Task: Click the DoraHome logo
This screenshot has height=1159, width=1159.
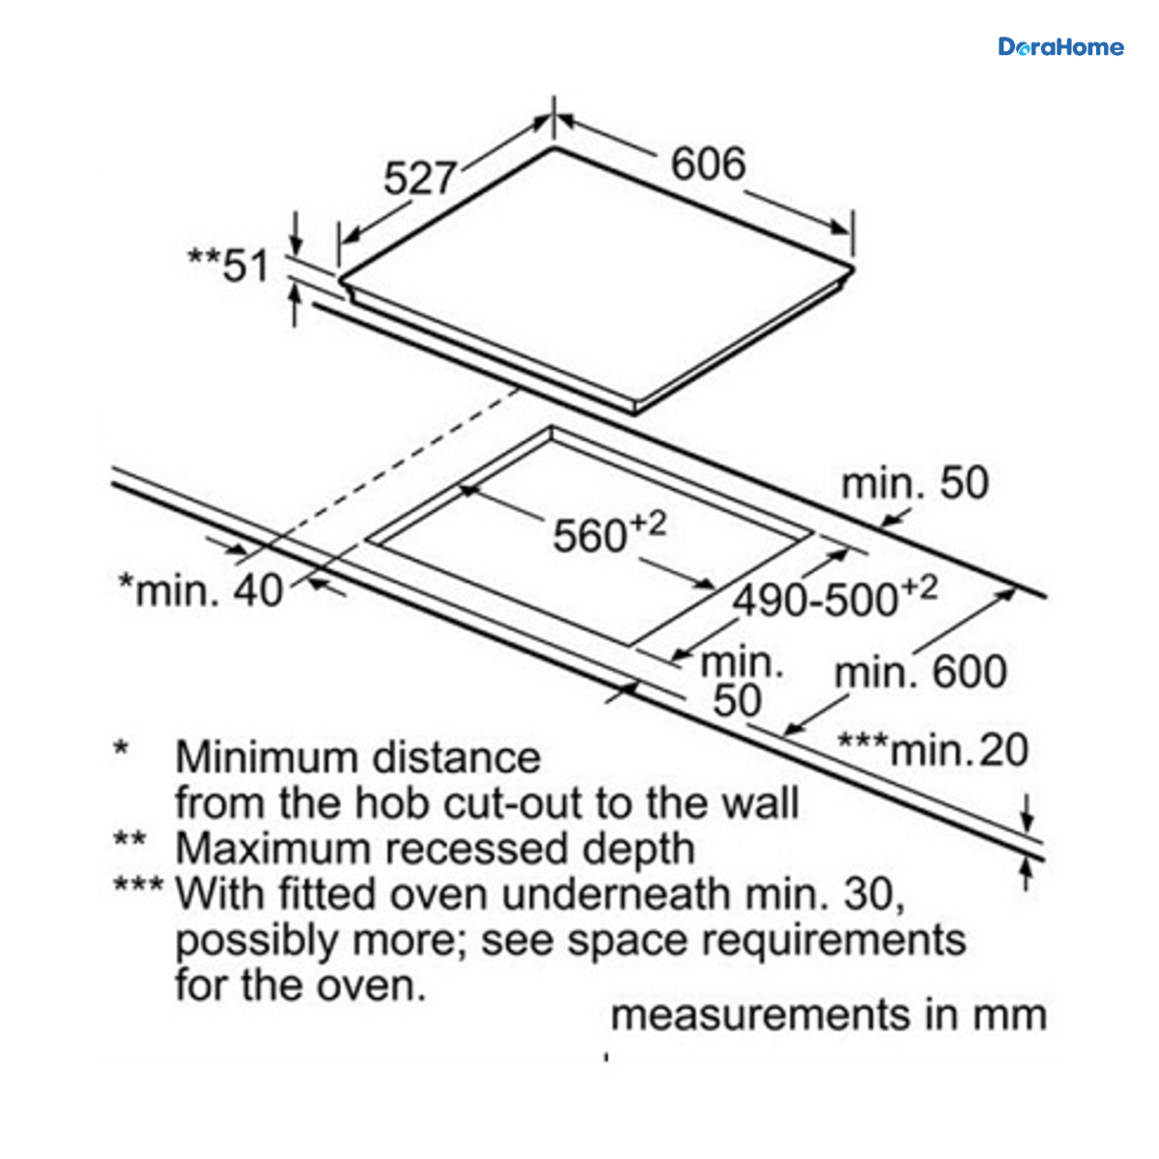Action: (x=1060, y=47)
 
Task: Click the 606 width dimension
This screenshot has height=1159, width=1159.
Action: (x=708, y=163)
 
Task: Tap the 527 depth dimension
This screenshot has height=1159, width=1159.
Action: (x=420, y=178)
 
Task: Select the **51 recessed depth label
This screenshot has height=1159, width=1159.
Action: (x=228, y=266)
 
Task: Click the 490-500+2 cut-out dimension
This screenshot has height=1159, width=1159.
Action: (x=834, y=597)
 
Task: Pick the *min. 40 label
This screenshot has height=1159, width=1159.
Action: (x=201, y=591)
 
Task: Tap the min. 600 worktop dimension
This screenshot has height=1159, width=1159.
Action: (x=920, y=672)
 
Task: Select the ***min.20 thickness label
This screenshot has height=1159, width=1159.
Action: (x=933, y=750)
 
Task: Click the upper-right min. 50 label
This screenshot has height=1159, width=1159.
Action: (x=915, y=483)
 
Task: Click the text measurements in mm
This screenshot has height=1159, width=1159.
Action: (x=829, y=1015)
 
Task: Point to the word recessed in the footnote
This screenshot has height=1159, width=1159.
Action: (x=477, y=849)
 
